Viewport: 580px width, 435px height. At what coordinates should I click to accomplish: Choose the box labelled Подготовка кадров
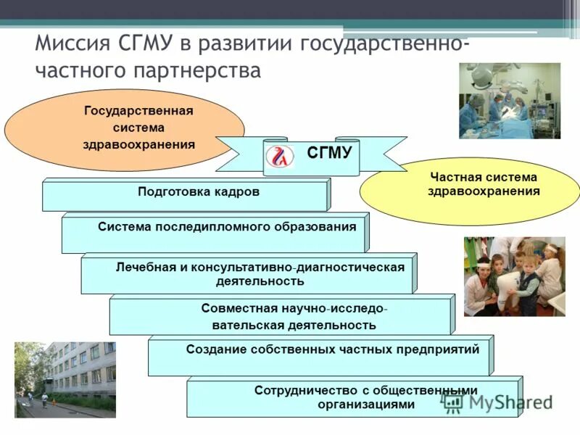click(186, 194)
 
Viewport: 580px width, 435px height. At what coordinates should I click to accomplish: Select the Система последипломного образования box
click(215, 233)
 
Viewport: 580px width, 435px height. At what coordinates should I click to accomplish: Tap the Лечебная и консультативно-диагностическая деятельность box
click(249, 273)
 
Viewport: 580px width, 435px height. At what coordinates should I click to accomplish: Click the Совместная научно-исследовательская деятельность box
click(282, 315)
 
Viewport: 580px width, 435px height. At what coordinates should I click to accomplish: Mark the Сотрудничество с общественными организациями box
click(353, 397)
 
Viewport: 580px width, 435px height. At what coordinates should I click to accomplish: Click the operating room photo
click(509, 101)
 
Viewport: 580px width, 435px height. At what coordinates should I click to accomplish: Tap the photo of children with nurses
click(514, 276)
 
